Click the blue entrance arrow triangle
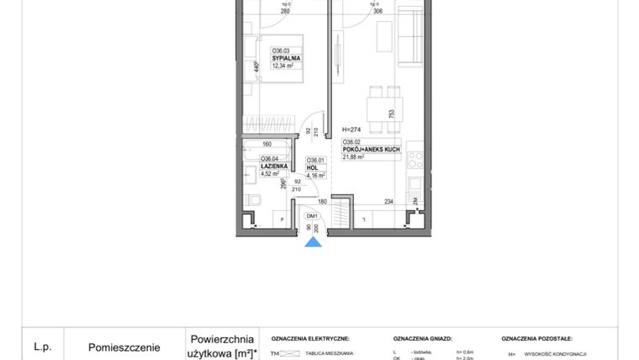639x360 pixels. (313, 242)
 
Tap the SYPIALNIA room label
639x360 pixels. (286, 58)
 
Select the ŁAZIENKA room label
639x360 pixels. (275, 167)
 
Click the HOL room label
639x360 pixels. (311, 167)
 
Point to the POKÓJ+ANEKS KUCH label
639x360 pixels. (371, 149)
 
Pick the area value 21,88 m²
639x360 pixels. (354, 156)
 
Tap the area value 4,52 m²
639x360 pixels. (270, 175)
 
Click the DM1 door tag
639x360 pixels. (312, 215)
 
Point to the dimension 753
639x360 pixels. (391, 114)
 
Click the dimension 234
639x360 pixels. (388, 201)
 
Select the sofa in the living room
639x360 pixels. (411, 38)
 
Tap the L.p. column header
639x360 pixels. (43, 346)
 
